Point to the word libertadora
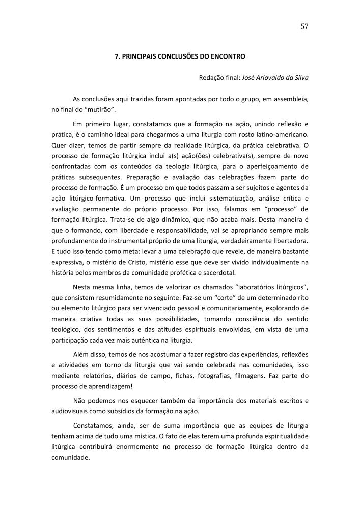click(287, 240)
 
